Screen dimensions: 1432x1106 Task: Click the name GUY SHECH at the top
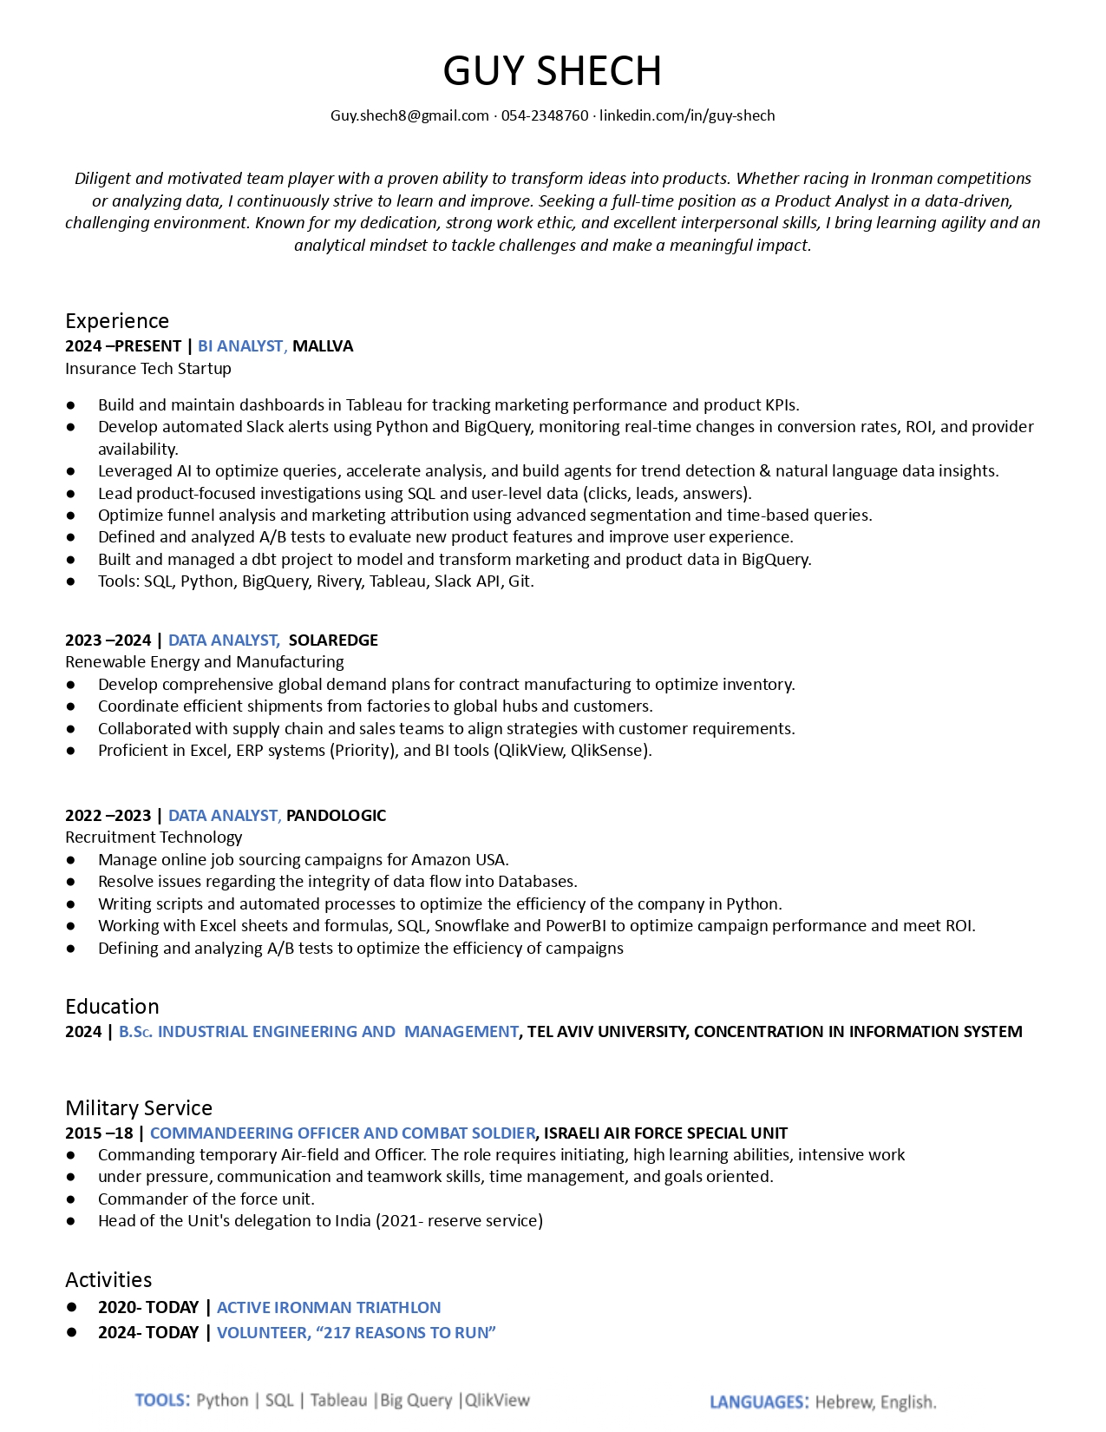(552, 71)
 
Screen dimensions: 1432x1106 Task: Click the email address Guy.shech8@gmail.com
(409, 115)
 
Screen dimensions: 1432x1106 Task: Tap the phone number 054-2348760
(544, 115)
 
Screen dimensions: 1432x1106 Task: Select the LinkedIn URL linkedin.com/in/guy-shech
(687, 115)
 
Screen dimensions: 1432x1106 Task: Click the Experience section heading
(117, 321)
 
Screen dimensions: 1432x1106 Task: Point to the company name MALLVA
(323, 346)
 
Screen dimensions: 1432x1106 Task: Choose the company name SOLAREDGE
(333, 640)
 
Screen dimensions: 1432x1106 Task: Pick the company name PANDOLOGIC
(336, 816)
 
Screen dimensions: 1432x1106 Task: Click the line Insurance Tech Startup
(148, 369)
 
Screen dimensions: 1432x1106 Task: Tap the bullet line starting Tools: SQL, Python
(316, 581)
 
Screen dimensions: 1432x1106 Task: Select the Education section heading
(112, 1007)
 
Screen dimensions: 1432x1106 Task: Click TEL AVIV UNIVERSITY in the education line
(607, 1032)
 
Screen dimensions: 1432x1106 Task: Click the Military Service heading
(139, 1108)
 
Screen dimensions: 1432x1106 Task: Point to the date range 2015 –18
(99, 1133)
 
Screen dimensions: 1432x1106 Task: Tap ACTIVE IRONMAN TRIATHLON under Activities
(329, 1308)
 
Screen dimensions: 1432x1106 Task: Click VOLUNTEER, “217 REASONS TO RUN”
(356, 1333)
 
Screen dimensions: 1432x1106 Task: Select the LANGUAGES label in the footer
(758, 1402)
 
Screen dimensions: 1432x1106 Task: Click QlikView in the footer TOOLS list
(498, 1401)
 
